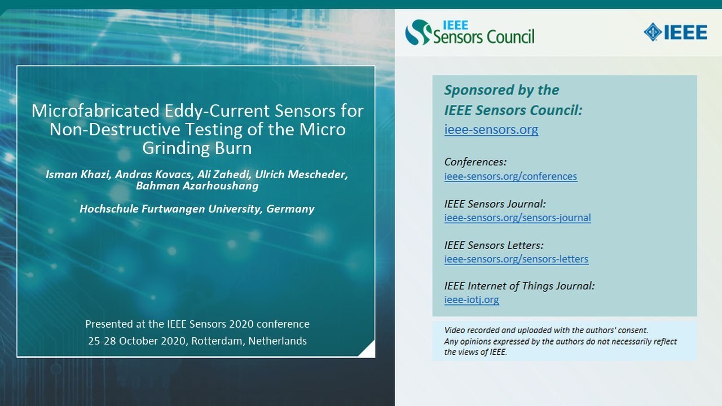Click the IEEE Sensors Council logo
tap(469, 32)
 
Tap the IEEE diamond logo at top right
tap(675, 32)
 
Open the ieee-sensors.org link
tap(491, 130)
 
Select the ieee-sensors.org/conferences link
tap(510, 176)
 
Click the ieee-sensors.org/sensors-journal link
tap(517, 218)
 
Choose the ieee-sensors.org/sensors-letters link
tap(516, 259)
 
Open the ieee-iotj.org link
tap(472, 300)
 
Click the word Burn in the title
tap(235, 148)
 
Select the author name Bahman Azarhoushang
tap(201, 186)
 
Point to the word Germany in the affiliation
tap(290, 209)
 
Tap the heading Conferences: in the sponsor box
tap(475, 162)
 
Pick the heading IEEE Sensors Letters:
tap(494, 245)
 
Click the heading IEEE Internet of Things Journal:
tap(519, 286)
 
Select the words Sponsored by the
tap(501, 90)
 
